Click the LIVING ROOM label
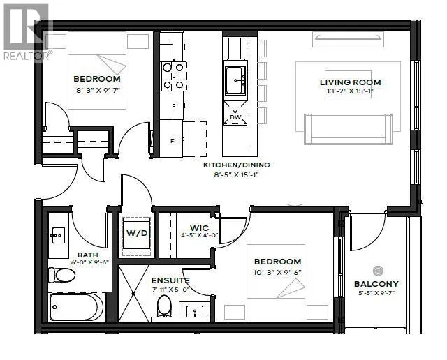pos(351,82)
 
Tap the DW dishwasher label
pos(235,117)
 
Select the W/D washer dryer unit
pos(137,233)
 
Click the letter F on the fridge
pos(172,141)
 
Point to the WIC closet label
pos(199,228)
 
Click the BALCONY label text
pos(376,284)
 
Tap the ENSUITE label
pos(170,280)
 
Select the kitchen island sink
pos(235,80)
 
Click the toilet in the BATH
pos(62,275)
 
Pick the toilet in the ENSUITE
pos(164,306)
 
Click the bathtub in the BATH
pos(77,307)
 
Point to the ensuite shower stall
pos(133,294)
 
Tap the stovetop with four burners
pos(173,76)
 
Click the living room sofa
pos(348,129)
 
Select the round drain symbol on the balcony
pos(378,271)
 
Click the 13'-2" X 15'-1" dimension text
pos(350,91)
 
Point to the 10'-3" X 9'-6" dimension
pos(277,273)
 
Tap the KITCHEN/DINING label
pos(236,165)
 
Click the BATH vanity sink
pos(58,236)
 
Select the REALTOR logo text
pos(27,56)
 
